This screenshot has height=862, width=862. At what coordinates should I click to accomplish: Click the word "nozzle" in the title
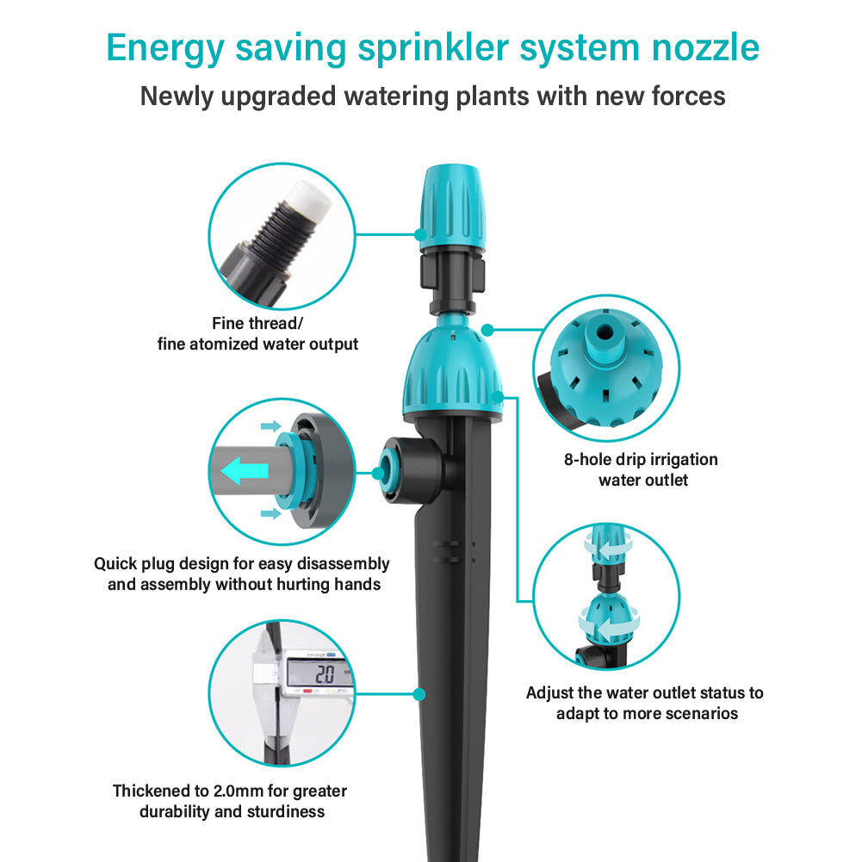point(705,48)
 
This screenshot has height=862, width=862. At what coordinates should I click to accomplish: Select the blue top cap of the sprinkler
point(453,207)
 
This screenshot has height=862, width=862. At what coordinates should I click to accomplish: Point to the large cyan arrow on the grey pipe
point(245,471)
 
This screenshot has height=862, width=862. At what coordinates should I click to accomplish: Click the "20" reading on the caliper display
point(325,674)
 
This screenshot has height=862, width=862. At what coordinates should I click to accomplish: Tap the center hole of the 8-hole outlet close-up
point(605,332)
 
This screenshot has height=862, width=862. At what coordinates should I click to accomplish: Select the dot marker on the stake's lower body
point(419,694)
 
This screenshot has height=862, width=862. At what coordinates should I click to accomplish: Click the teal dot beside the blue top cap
point(420,235)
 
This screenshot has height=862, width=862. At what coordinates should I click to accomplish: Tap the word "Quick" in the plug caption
point(115,564)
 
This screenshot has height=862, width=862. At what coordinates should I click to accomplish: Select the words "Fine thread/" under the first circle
point(257,323)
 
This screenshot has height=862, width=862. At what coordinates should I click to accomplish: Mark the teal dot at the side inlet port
point(378,473)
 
